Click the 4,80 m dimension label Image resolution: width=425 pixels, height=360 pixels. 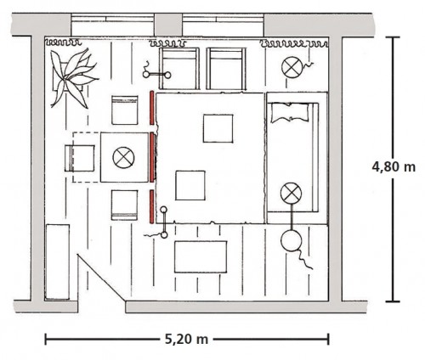[394, 167]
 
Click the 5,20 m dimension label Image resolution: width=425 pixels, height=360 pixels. [186, 339]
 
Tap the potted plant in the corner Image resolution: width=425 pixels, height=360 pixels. [73, 78]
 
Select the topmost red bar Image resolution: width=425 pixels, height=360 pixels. [152, 108]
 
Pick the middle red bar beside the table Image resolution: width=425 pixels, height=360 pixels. [152, 157]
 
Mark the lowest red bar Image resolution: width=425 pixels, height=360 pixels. [152, 206]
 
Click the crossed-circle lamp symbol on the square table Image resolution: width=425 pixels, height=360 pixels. [123, 158]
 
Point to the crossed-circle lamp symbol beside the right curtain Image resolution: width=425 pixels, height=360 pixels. [292, 68]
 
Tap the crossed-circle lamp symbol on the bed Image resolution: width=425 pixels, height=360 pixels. [291, 193]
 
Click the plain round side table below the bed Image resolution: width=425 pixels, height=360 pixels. [291, 241]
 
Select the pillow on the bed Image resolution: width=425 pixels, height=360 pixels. [290, 113]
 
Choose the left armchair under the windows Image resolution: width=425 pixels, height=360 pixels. [179, 69]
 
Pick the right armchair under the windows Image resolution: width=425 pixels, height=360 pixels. [226, 69]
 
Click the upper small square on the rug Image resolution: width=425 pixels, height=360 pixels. [218, 128]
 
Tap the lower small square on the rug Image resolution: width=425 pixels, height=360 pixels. [190, 185]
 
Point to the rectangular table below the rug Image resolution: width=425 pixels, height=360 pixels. [201, 256]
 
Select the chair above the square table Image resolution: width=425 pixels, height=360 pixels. [125, 110]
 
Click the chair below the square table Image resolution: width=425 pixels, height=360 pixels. [125, 205]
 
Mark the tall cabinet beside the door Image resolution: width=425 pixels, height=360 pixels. [57, 262]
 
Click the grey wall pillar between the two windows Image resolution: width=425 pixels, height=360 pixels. [168, 25]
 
